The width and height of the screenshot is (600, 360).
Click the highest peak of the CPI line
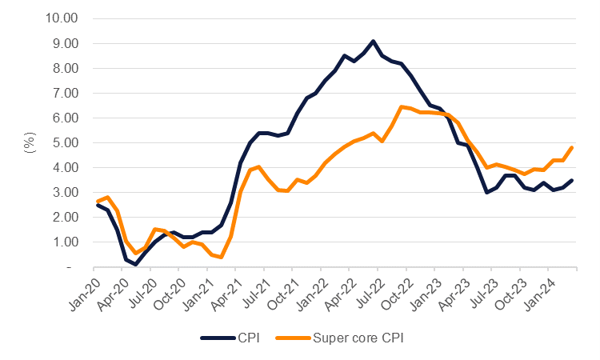coord(373,41)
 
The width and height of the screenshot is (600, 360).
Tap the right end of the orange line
coord(571,147)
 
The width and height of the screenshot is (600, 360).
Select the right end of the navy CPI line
coord(571,180)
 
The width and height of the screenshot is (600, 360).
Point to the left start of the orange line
coord(98,201)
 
